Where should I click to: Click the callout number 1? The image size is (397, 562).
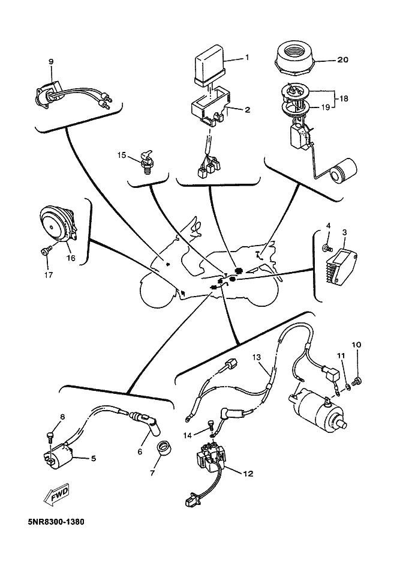(x=246, y=58)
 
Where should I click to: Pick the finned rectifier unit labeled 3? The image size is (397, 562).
(x=343, y=259)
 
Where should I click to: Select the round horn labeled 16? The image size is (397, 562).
(x=56, y=222)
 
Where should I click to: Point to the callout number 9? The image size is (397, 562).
(x=50, y=61)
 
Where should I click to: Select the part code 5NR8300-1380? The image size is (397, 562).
(x=46, y=521)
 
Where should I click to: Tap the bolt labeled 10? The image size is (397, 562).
(x=357, y=381)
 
